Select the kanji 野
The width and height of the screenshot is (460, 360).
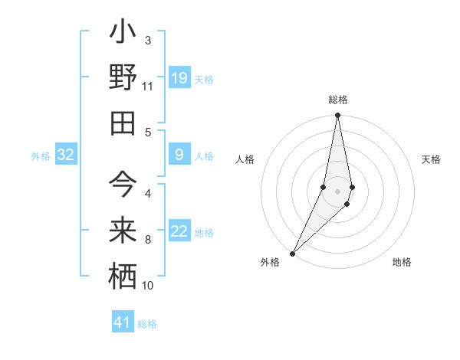coord(123,78)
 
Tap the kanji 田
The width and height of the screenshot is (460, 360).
coord(123,122)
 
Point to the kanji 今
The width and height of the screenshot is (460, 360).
coord(123,188)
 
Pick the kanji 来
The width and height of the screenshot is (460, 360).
coord(123,231)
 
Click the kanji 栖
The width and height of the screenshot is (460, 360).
coord(123,275)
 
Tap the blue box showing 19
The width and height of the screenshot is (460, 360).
coord(179,78)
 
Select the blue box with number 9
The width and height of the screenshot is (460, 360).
coord(179,155)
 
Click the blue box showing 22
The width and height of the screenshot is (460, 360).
coord(179,231)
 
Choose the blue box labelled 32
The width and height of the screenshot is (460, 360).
coord(65,155)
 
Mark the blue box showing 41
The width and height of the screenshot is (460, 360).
coord(123,322)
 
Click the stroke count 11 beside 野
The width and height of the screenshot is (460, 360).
coord(147,87)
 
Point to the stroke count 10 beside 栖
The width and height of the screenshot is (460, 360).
coord(148,286)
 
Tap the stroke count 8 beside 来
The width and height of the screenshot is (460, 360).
coord(148,241)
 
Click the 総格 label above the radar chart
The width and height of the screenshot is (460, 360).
coord(337,100)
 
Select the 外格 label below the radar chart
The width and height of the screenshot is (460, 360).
coord(270,262)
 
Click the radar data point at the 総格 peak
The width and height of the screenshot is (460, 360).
coord(337,116)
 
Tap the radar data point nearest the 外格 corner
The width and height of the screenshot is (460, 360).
coord(293,253)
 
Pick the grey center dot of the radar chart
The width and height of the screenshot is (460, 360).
coord(337,191)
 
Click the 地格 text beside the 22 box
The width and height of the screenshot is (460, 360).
coord(204,233)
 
